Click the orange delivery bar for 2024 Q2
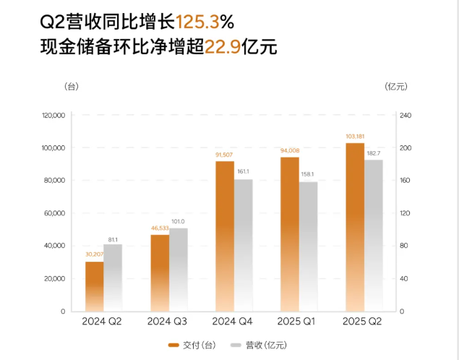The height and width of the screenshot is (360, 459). point(95,286)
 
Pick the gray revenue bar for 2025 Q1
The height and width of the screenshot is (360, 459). point(308,247)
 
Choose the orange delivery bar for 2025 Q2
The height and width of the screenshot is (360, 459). point(355,227)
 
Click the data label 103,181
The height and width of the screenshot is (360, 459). point(355,136)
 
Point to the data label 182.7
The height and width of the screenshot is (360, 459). point(374,153)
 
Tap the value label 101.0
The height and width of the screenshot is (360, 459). point(178,221)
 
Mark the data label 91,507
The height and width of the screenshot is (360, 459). point(224,154)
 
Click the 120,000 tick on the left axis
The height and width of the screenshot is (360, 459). point(53,116)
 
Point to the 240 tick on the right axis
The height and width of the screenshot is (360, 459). point(405,116)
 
